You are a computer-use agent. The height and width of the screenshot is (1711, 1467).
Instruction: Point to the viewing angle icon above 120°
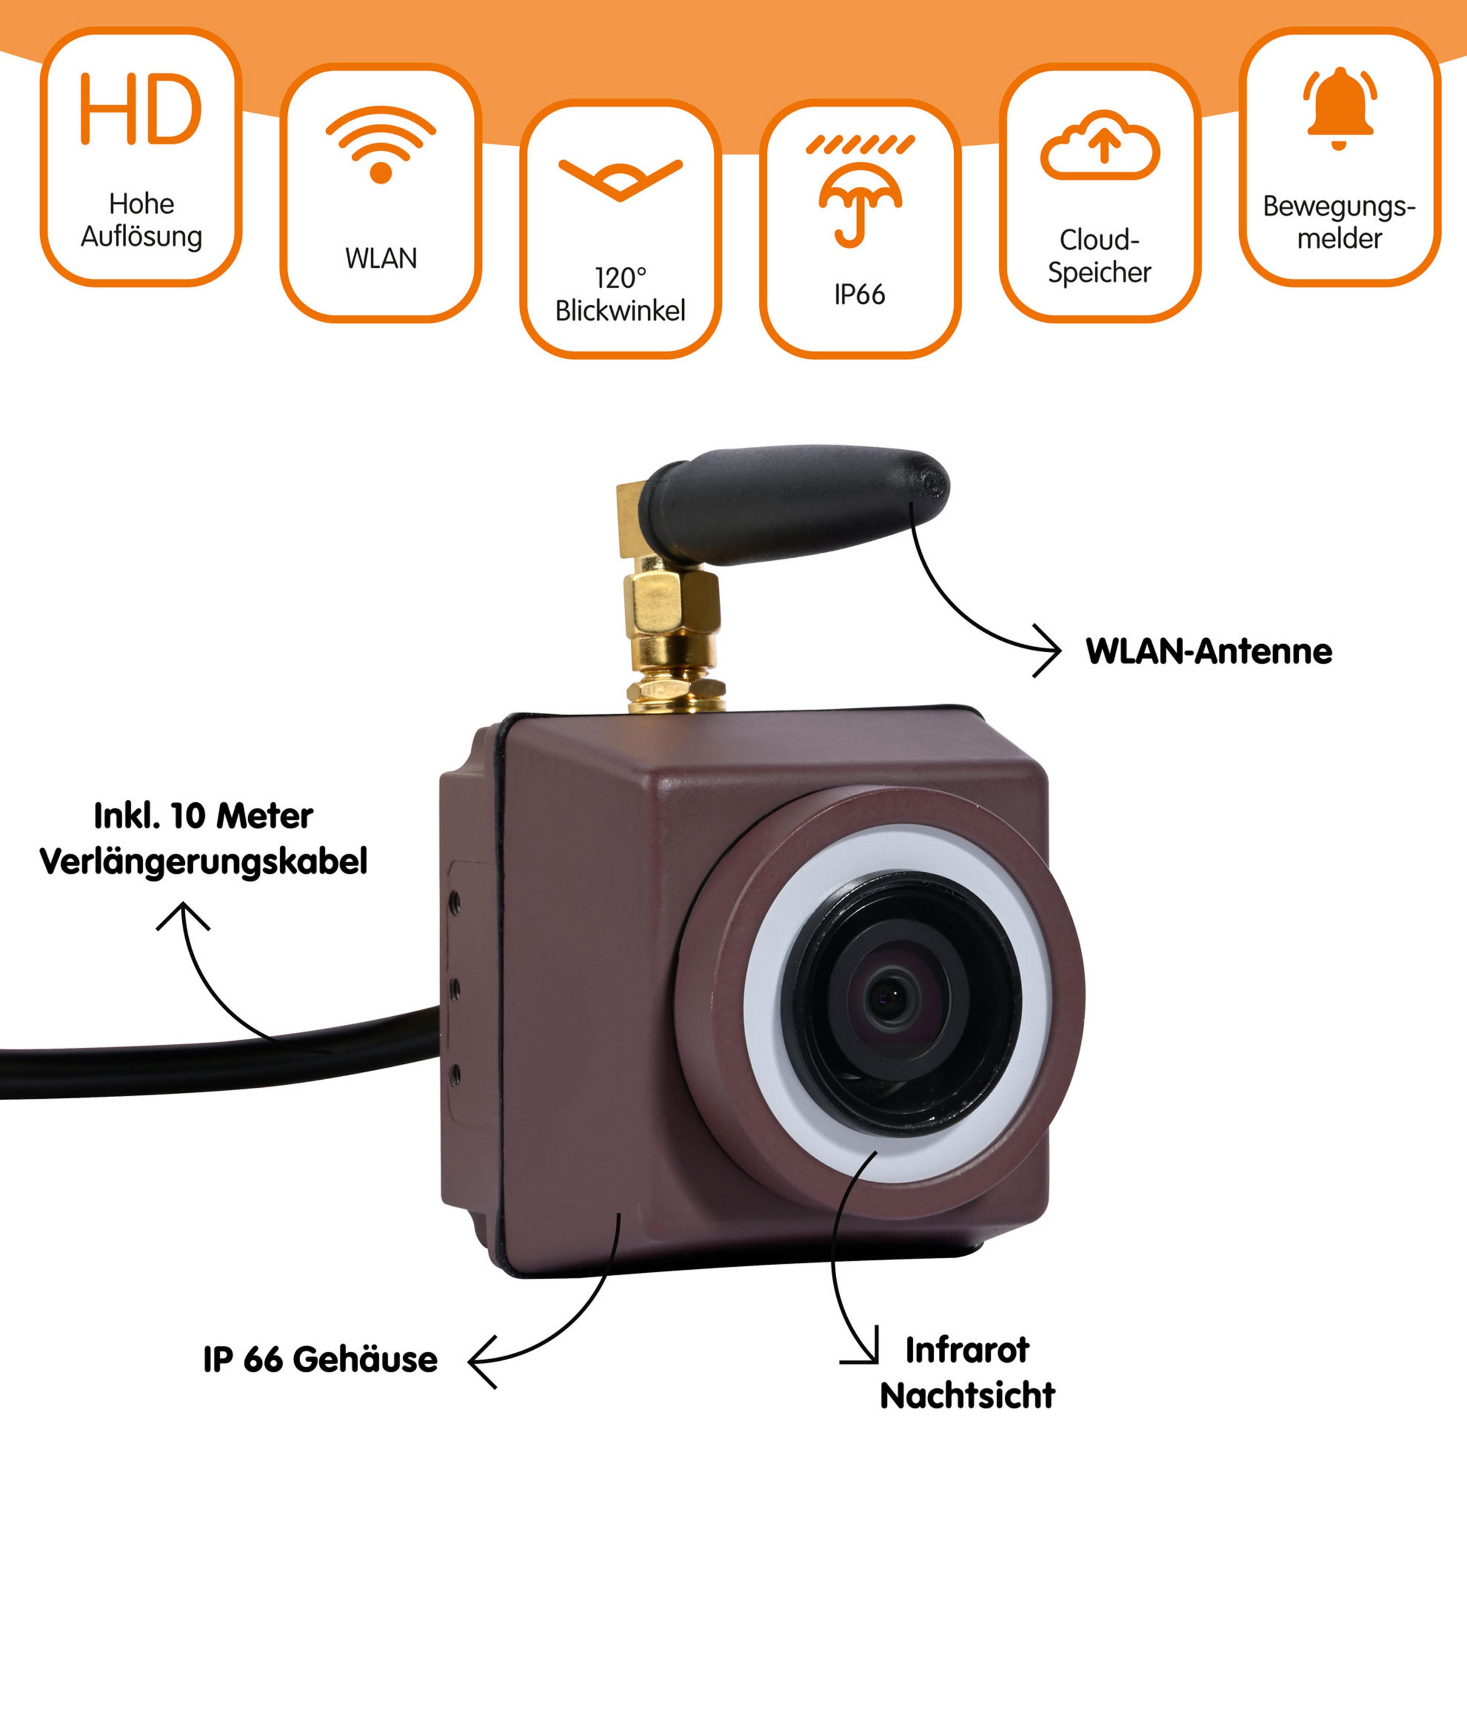(620, 178)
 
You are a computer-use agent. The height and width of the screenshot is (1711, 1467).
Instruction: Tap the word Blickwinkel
(620, 311)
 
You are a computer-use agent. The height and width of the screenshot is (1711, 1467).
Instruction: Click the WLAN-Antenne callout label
(1208, 652)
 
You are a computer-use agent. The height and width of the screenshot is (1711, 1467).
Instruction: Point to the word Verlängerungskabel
(203, 861)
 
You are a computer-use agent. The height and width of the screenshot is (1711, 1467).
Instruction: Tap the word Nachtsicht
(967, 1396)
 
